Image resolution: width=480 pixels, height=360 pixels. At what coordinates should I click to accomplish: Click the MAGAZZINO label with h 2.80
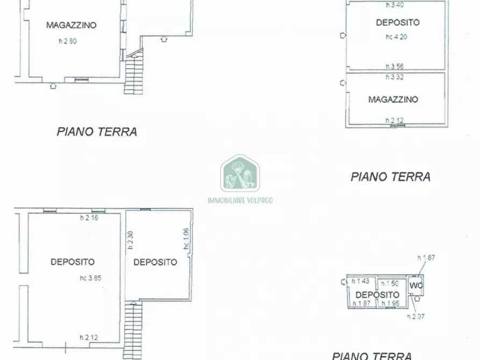pyautogui.click(x=71, y=25)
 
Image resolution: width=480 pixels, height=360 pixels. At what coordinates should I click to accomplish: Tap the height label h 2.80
pyautogui.click(x=68, y=41)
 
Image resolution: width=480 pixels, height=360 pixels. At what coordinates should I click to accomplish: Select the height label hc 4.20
pyautogui.click(x=397, y=38)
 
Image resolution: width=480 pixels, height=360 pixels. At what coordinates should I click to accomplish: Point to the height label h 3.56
pyautogui.click(x=395, y=67)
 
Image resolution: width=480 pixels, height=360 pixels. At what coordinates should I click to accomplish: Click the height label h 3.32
pyautogui.click(x=395, y=77)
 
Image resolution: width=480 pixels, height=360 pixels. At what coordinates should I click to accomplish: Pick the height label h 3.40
pyautogui.click(x=395, y=5)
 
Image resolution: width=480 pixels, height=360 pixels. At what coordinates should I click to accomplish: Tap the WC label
pyautogui.click(x=417, y=285)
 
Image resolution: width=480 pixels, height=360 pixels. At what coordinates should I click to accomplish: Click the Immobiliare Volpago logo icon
pyautogui.click(x=240, y=174)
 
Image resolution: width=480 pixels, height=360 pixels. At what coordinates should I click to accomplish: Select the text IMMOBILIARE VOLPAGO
pyautogui.click(x=240, y=200)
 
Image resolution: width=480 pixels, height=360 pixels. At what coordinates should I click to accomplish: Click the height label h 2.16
pyautogui.click(x=89, y=218)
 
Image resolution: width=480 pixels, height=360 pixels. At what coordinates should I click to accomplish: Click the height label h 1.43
pyautogui.click(x=361, y=282)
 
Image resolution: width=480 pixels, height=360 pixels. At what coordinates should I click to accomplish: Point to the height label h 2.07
pyautogui.click(x=415, y=316)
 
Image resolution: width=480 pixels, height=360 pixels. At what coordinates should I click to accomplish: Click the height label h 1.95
pyautogui.click(x=391, y=304)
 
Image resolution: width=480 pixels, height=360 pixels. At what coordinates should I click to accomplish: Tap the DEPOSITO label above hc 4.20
pyautogui.click(x=398, y=23)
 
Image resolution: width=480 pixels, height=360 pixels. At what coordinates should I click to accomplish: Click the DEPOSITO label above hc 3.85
pyautogui.click(x=73, y=262)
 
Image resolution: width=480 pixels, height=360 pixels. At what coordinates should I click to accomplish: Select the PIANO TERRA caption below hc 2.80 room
pyautogui.click(x=97, y=132)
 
